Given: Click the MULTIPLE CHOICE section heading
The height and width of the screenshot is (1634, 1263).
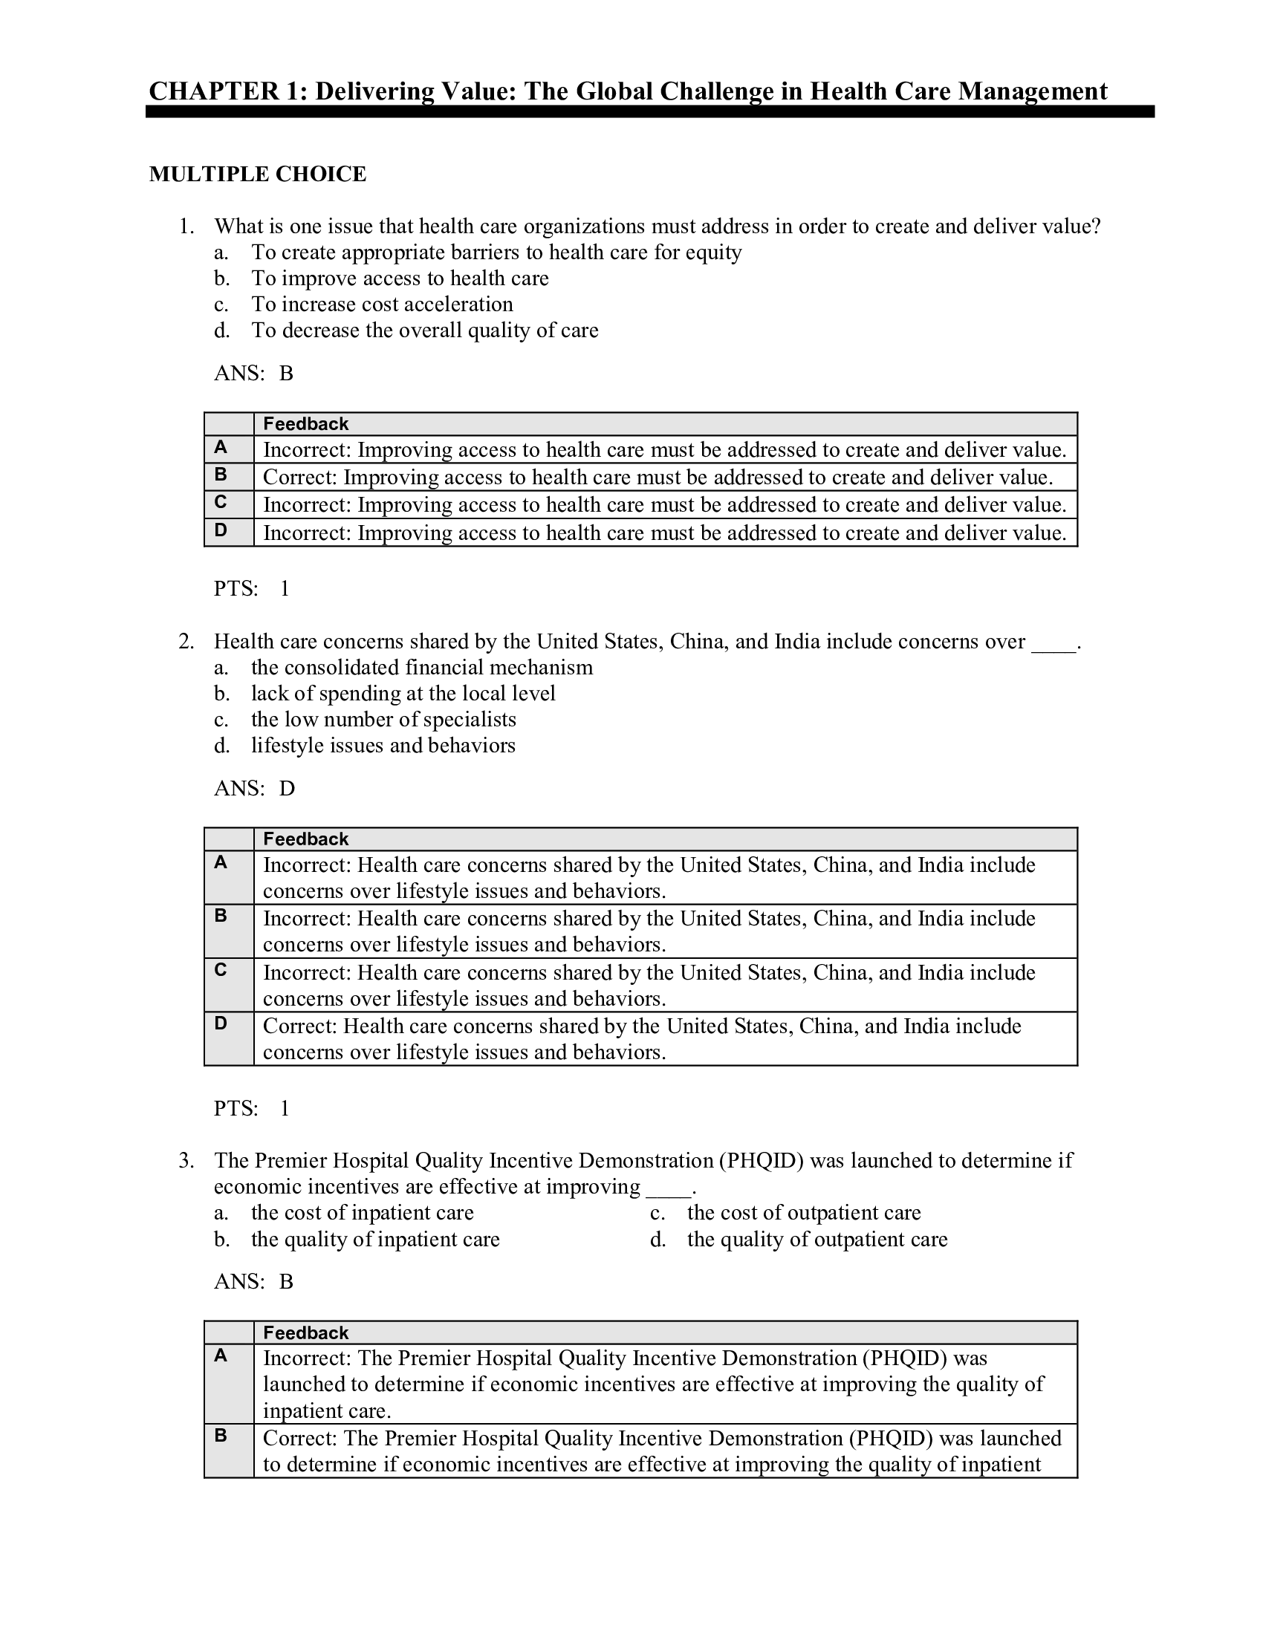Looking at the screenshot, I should (x=257, y=175).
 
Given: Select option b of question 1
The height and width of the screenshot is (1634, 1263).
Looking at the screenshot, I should (x=400, y=279).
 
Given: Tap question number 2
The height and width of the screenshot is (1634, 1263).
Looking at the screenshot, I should (x=186, y=641).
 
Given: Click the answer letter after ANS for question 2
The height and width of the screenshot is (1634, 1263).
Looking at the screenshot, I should (x=288, y=788).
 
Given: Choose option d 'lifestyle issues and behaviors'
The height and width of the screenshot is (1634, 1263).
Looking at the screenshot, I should (x=383, y=745).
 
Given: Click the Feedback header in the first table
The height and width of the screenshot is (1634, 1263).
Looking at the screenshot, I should (x=305, y=424).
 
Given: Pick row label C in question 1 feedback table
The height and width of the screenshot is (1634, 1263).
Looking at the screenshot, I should (x=221, y=502).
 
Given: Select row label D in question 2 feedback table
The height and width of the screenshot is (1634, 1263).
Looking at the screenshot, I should (x=221, y=1023).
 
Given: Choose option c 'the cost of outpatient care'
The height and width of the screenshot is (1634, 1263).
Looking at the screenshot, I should (x=804, y=1212).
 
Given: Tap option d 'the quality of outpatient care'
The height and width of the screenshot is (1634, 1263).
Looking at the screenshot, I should (x=817, y=1239).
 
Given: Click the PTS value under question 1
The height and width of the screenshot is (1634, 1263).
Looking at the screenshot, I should (x=285, y=589).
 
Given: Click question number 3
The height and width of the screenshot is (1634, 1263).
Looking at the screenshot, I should (x=186, y=1160).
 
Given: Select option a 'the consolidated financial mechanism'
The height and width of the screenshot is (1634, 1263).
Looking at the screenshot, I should (x=422, y=668).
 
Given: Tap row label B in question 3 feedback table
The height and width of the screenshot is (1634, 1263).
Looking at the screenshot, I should (x=221, y=1435).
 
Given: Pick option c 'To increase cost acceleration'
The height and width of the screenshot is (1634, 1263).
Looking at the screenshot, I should (x=382, y=305).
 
